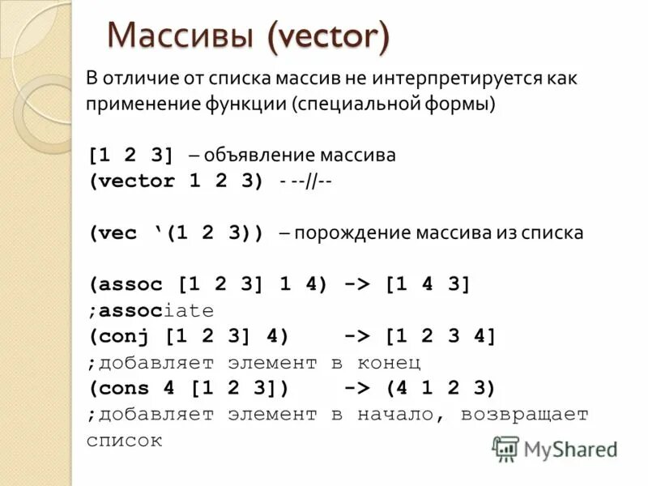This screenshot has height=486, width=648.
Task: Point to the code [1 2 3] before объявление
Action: click(132, 155)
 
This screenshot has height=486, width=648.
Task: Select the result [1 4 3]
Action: click(427, 284)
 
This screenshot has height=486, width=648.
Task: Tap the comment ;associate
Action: click(151, 310)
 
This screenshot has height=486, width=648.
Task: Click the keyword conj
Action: click(126, 336)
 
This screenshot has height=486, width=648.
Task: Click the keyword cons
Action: click(126, 388)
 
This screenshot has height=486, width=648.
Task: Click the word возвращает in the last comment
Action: click(525, 414)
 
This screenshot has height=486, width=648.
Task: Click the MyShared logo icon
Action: click(506, 448)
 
